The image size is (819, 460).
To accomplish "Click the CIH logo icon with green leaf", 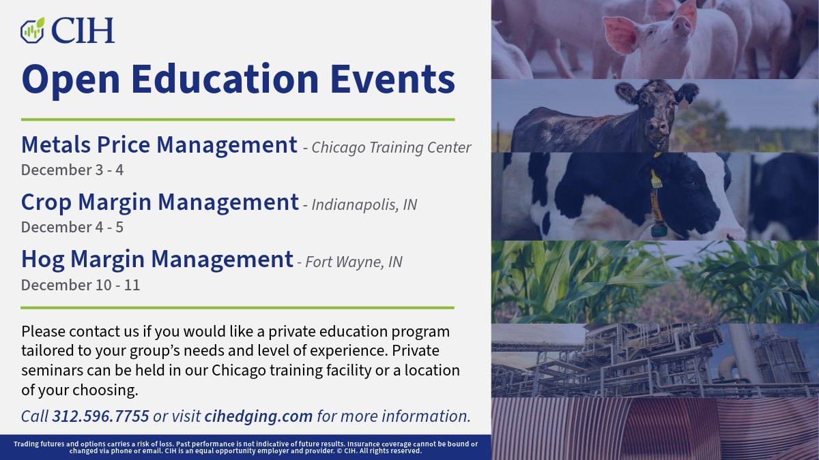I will tap(32, 29).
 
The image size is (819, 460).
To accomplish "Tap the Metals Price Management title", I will tap(159, 145).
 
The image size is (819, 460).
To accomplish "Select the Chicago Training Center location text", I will tap(391, 148).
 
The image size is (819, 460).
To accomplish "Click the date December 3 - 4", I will tap(72, 170).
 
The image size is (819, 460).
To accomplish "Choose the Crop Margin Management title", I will tap(160, 202).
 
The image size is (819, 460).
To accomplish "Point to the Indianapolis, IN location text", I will tap(364, 205).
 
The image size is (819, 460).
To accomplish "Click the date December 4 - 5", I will tap(72, 227).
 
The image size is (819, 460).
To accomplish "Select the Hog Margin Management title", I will tap(157, 260).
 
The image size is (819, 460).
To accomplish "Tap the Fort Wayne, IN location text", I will tap(354, 262).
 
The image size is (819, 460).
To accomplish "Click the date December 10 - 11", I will tap(80, 285).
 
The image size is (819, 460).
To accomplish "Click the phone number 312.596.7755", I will tap(100, 416).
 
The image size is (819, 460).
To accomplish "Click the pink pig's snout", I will tap(682, 27).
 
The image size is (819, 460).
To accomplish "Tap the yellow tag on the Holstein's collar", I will tap(656, 181).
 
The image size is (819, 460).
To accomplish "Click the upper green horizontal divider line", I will tap(238, 119).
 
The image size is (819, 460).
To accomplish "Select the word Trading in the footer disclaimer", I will tap(28, 444).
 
